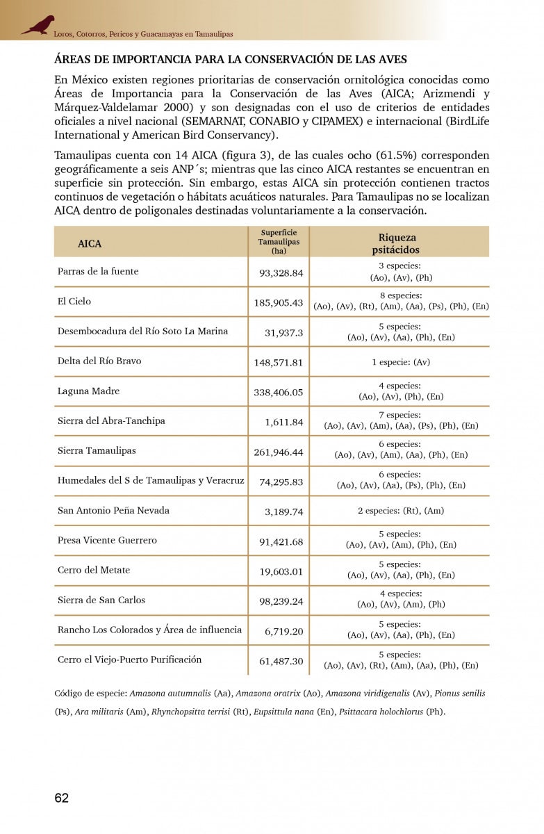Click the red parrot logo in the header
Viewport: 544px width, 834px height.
[x=38, y=25]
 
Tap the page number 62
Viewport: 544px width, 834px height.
[x=62, y=798]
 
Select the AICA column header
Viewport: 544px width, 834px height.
[x=90, y=244]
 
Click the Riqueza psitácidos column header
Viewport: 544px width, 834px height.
[x=397, y=244]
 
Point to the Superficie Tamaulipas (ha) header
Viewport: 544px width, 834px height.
[x=279, y=242]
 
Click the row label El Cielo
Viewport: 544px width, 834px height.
[x=74, y=302]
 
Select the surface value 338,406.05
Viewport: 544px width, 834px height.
[x=279, y=392]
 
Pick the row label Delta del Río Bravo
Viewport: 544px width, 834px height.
[x=99, y=361]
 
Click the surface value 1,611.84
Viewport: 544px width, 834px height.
[x=284, y=422]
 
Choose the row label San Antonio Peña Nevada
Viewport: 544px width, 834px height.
[x=113, y=511]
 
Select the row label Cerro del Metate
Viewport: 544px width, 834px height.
[x=94, y=571]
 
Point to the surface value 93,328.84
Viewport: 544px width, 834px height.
[x=281, y=273]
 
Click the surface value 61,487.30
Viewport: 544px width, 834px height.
[x=281, y=661]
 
